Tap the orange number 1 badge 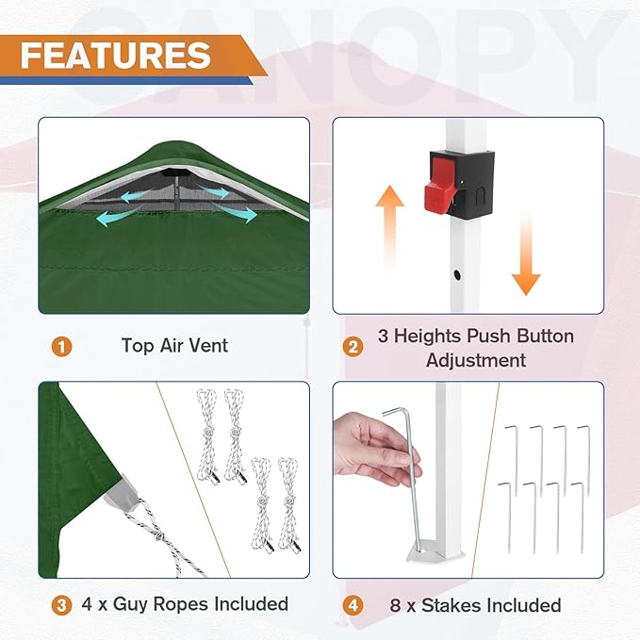(x=61, y=346)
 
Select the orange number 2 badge (x=353, y=347)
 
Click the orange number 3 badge (x=61, y=604)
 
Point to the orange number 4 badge (x=353, y=605)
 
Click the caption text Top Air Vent (x=174, y=346)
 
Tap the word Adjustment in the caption (x=475, y=359)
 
